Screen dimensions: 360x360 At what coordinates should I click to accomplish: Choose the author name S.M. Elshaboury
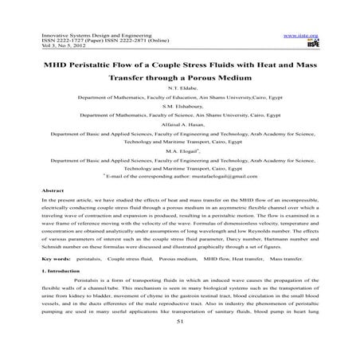pos(179,115)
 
